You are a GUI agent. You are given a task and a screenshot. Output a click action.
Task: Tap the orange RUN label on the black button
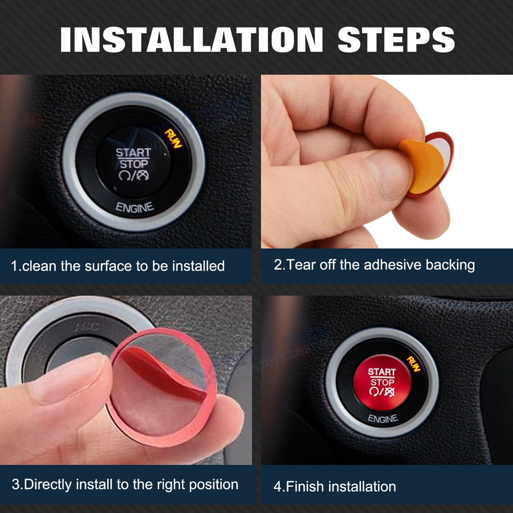coord(173,138)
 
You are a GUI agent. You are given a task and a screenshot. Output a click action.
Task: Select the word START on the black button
coord(133,152)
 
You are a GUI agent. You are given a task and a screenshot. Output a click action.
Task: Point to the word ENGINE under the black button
coord(134,207)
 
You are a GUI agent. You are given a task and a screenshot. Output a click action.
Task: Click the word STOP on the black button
coord(133,164)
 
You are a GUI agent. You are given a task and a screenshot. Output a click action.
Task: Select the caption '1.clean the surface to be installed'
coord(118,266)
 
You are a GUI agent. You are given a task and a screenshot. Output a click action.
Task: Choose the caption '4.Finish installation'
coord(334,486)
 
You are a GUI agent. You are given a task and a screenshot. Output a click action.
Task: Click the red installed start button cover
coord(382,382)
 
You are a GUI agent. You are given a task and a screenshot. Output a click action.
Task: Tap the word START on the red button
coord(382,371)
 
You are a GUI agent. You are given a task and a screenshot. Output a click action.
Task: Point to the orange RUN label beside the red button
coord(413,364)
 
